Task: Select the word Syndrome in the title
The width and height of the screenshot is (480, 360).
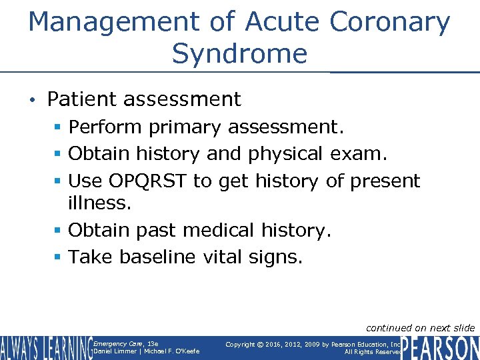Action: (x=239, y=53)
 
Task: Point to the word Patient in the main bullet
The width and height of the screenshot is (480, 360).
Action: (x=79, y=99)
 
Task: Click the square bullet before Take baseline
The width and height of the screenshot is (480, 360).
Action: (x=60, y=257)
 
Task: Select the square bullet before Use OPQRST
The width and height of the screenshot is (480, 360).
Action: (x=60, y=181)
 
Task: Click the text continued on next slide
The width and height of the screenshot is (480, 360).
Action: (x=420, y=327)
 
